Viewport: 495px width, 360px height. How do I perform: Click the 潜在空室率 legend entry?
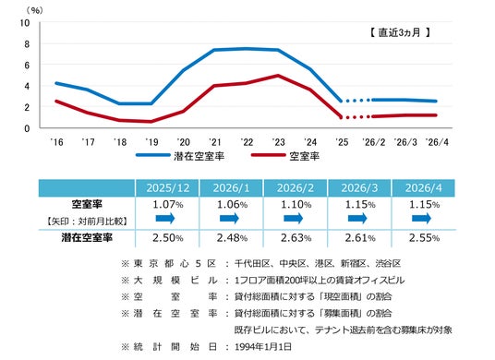180,156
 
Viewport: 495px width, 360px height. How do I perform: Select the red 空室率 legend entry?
285,156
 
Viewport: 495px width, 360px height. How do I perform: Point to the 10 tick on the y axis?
25,23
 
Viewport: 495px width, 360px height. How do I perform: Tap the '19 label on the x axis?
151,142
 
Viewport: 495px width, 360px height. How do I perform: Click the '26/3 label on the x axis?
405,142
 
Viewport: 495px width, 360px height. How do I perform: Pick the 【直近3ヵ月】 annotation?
400,32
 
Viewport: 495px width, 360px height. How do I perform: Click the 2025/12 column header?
168,188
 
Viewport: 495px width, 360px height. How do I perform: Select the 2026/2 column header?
296,188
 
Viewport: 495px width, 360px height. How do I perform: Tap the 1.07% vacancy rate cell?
168,204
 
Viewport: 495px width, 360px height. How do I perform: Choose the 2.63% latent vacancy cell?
296,237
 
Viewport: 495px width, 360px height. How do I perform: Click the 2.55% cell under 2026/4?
424,237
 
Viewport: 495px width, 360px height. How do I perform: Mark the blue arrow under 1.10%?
294,218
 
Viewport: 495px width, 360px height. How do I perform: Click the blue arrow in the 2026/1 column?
229,218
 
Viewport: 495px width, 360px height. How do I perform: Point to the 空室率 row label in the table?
87,204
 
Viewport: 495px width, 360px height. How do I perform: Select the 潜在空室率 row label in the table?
87,237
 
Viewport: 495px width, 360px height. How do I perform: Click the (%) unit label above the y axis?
35,10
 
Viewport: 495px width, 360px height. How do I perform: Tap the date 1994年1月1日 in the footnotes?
263,347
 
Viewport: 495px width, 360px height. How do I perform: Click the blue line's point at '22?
247,49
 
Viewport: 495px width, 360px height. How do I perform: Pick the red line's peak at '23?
278,76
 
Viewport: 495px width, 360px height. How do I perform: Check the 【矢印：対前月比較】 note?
87,222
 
